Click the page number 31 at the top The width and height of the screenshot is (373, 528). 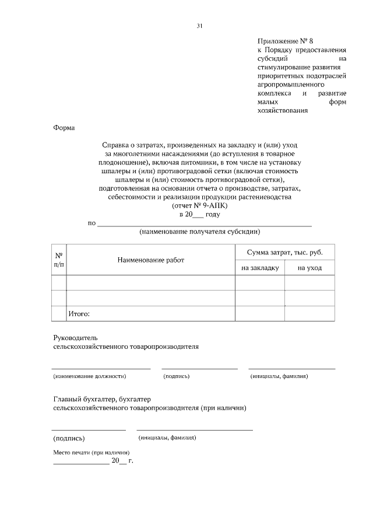tap(200, 26)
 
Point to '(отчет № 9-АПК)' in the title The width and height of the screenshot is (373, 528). tap(200, 206)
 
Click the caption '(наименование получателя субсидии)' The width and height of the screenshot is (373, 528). tap(199, 232)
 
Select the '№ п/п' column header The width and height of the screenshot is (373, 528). tap(59, 260)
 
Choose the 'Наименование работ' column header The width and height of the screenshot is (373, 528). tap(150, 260)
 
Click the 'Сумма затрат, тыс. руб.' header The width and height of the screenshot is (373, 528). tap(284, 252)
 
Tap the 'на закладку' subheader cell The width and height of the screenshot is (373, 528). tap(259, 268)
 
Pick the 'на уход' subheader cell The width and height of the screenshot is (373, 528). tap(309, 268)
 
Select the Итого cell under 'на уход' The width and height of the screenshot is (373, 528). tap(309, 313)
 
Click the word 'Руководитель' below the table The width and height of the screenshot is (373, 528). tap(72, 338)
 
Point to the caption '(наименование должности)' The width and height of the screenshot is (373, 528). tap(90, 376)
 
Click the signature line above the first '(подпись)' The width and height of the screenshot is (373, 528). tap(199, 368)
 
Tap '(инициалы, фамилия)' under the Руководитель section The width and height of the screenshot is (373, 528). tap(279, 376)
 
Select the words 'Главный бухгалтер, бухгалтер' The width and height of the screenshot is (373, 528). tap(102, 399)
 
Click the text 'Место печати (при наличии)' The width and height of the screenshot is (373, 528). tap(91, 453)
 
